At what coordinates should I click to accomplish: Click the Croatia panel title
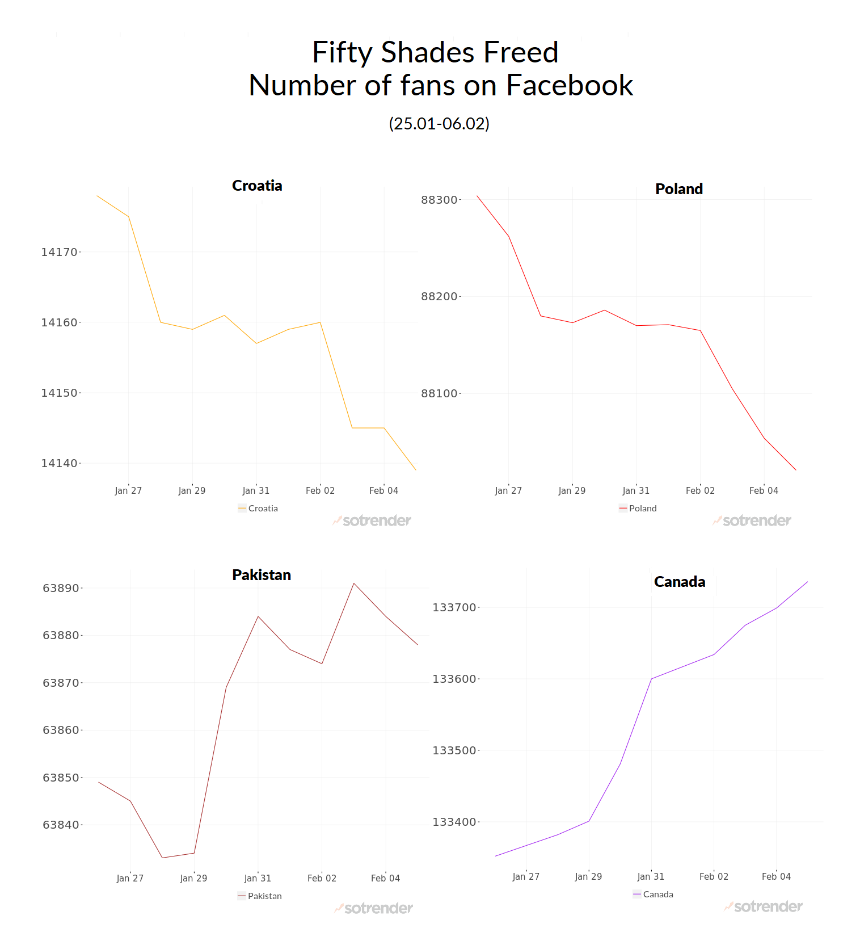pyautogui.click(x=257, y=186)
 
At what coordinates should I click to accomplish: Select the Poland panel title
pyautogui.click(x=678, y=189)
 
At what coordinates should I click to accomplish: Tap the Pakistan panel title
pyautogui.click(x=261, y=575)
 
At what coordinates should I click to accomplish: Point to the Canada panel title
pyautogui.click(x=679, y=582)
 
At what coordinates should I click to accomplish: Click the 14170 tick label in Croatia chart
pyautogui.click(x=59, y=252)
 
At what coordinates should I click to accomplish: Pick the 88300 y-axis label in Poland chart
pyautogui.click(x=439, y=200)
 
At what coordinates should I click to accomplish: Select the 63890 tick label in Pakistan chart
pyautogui.click(x=61, y=588)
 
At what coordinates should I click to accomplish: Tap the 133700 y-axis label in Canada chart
pyautogui.click(x=454, y=608)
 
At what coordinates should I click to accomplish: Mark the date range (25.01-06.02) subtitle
pyautogui.click(x=439, y=123)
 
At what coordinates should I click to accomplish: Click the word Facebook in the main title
pyautogui.click(x=569, y=86)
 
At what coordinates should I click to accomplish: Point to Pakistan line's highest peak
pyautogui.click(x=354, y=583)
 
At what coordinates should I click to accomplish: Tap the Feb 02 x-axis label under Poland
pyautogui.click(x=700, y=490)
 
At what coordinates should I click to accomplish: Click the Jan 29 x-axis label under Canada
pyautogui.click(x=588, y=876)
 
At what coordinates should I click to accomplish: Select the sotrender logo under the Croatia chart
pyautogui.click(x=372, y=520)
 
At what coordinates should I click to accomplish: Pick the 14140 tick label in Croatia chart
pyautogui.click(x=59, y=464)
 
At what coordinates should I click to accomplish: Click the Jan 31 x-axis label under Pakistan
pyautogui.click(x=258, y=878)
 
